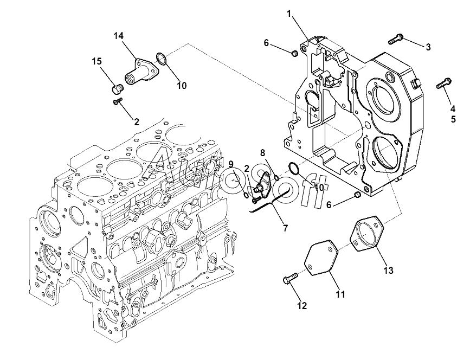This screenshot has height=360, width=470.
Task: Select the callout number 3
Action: coord(428,47)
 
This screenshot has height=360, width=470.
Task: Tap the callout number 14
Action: coord(119,36)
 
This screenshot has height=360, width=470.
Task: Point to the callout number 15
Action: coord(96,62)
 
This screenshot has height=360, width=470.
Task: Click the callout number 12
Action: coord(302,306)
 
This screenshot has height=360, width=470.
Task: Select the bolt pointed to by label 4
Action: coord(443,83)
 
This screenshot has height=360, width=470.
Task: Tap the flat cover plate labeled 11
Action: coord(320,259)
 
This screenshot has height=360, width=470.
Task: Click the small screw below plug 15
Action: coord(117,101)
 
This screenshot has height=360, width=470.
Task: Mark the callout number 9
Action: coord(230,164)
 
